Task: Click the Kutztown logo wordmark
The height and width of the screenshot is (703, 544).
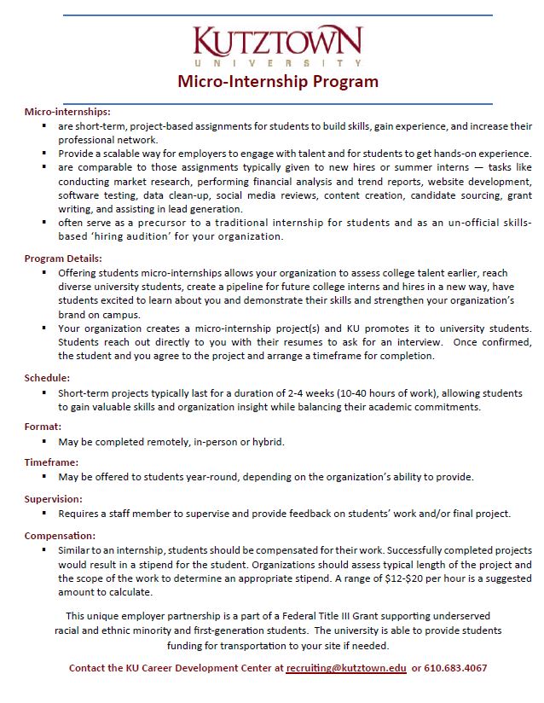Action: point(277,42)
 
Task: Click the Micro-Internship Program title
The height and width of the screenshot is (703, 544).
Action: point(277,82)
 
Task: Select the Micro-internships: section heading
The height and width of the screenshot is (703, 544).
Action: point(67,112)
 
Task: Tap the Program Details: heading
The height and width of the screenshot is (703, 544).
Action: point(63,259)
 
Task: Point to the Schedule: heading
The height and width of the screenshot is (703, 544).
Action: point(47,377)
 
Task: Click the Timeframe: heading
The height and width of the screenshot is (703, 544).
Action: point(52,462)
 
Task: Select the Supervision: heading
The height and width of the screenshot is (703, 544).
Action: point(54,497)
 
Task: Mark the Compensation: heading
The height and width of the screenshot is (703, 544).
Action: point(60,535)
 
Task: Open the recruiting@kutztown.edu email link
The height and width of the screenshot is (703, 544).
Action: point(346,668)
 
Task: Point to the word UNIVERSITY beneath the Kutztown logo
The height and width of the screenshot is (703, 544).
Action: point(277,63)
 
